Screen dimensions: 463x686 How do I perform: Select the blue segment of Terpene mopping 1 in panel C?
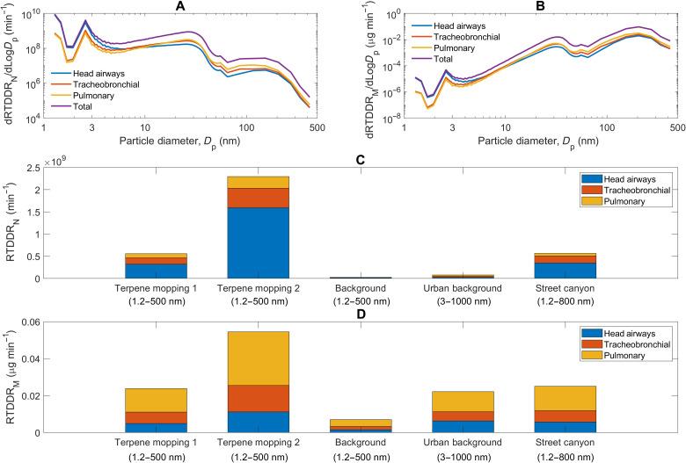click(x=156, y=271)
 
